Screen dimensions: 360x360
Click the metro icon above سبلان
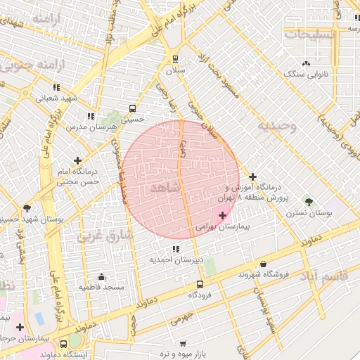click(175, 60)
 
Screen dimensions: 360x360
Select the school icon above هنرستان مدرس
click(90, 116)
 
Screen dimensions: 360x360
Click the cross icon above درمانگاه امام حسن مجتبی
click(77, 160)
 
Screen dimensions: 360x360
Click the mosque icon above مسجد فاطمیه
click(102, 276)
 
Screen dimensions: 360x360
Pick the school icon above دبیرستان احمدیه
click(175, 249)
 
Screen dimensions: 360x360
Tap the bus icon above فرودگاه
click(200, 284)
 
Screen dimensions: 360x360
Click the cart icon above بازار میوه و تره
click(183, 344)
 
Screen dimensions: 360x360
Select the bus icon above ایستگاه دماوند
click(75, 344)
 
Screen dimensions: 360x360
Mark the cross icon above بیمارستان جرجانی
click(20, 327)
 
